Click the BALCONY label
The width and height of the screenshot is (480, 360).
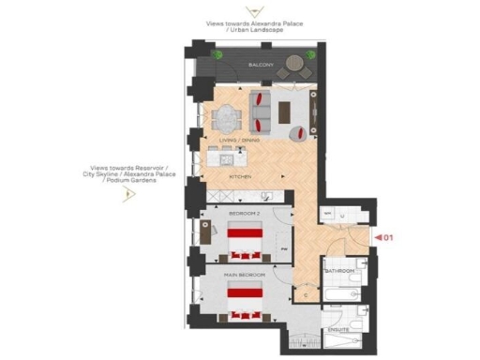coord(261,65)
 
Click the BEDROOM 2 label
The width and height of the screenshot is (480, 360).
coord(246,215)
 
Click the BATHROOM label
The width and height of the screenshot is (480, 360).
coord(339,271)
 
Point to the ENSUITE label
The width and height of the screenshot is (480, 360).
coord(338,329)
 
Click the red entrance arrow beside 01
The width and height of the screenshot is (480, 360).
coord(379,237)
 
